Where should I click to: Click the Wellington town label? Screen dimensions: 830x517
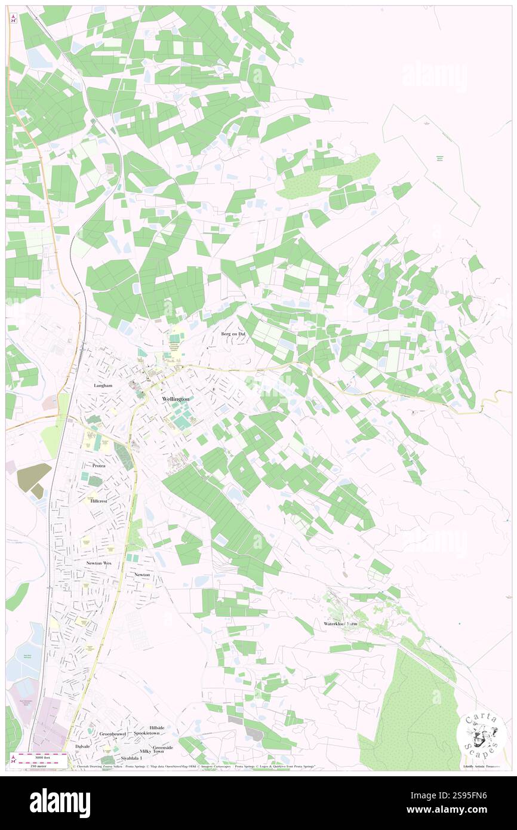pos(176,398)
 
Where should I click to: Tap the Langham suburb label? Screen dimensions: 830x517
pos(103,386)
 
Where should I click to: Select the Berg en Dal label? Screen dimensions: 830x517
pos(233,333)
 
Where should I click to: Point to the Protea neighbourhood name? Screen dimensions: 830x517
pos(99,465)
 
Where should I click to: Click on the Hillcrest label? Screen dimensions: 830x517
pos(99,501)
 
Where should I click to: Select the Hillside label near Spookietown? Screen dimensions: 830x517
pos(157,727)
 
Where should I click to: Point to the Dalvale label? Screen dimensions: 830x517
pos(82,746)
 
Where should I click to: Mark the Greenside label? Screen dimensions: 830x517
pos(162,747)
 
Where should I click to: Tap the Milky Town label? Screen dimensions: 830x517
pos(152,752)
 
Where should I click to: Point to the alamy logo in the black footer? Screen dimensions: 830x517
pos(60,802)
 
